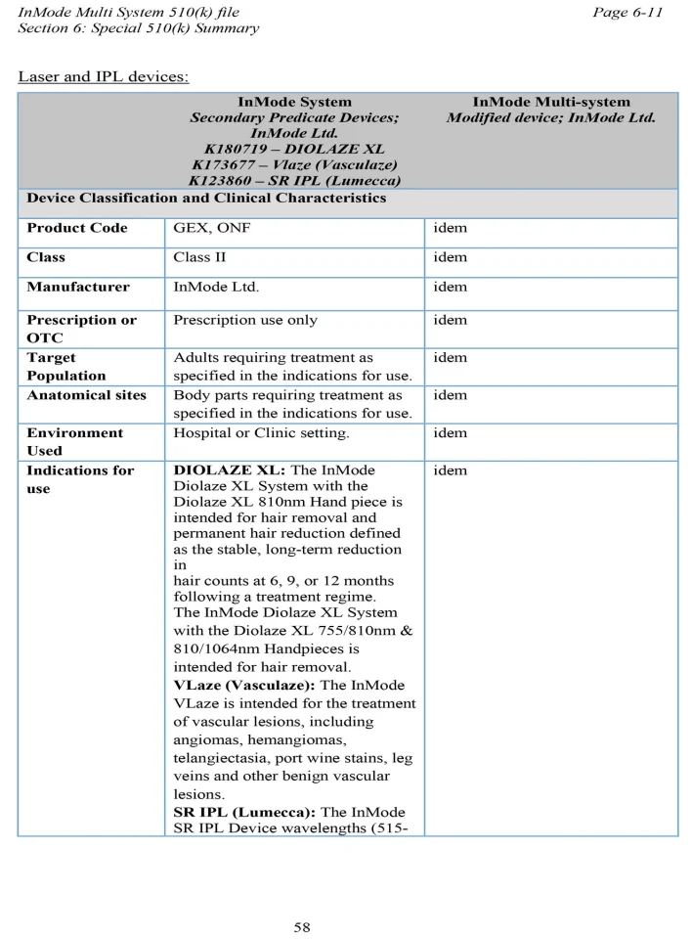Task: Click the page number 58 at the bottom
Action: click(302, 927)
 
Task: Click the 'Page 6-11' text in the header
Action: click(626, 12)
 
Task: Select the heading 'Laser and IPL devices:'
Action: click(104, 76)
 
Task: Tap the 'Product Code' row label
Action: click(77, 228)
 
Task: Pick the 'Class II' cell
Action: click(199, 257)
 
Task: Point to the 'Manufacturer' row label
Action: click(78, 287)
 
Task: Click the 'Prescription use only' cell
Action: click(245, 320)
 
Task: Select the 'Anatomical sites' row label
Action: click(87, 395)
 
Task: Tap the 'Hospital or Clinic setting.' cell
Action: click(261, 432)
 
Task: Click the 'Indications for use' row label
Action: click(80, 478)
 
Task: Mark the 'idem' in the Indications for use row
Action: click(451, 470)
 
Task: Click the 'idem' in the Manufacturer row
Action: click(451, 287)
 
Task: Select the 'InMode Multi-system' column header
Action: click(551, 102)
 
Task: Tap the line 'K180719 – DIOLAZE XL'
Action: click(294, 150)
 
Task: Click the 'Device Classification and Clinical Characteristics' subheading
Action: click(206, 199)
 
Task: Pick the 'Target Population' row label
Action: click(66, 367)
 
